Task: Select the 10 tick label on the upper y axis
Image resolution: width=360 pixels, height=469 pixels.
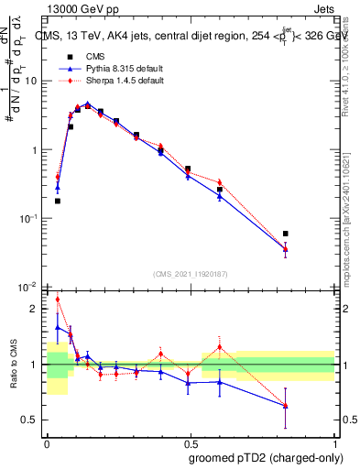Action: point(33,81)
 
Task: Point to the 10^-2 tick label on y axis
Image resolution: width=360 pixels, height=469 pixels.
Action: point(30,287)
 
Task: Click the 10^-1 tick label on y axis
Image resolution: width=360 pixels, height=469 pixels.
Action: point(30,219)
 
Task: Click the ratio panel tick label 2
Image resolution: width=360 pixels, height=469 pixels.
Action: point(36,309)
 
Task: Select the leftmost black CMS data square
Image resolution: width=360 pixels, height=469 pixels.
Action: point(58,201)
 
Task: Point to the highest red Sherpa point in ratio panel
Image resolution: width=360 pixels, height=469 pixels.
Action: point(58,299)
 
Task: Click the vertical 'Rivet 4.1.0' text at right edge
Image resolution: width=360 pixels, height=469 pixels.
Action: point(345,64)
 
